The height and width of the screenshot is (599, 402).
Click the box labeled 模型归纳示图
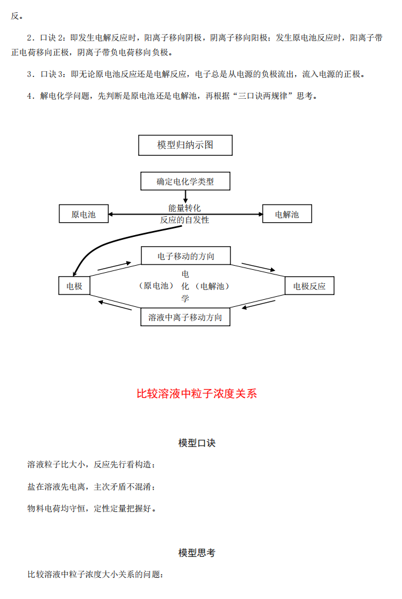185,145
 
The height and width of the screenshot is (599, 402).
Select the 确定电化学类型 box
185,182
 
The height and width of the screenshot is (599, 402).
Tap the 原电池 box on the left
83,214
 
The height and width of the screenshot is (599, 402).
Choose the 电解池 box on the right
287,214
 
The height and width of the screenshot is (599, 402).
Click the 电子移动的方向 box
186,256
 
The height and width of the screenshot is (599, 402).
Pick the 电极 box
74,286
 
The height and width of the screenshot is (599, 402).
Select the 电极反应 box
309,286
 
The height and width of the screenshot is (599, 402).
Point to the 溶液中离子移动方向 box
185,317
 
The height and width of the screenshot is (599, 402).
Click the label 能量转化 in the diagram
185,208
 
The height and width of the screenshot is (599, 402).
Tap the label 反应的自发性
185,220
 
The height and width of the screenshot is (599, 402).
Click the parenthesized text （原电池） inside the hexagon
156,286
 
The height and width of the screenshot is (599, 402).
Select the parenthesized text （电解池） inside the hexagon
212,286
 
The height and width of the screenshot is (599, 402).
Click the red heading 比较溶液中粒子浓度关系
197,394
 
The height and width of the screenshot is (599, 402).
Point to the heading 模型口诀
197,443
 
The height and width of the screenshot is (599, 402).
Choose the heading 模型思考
197,553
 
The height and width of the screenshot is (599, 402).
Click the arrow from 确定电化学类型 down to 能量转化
185,196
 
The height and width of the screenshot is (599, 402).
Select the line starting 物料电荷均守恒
92,508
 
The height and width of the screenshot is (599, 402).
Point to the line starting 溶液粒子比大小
91,464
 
